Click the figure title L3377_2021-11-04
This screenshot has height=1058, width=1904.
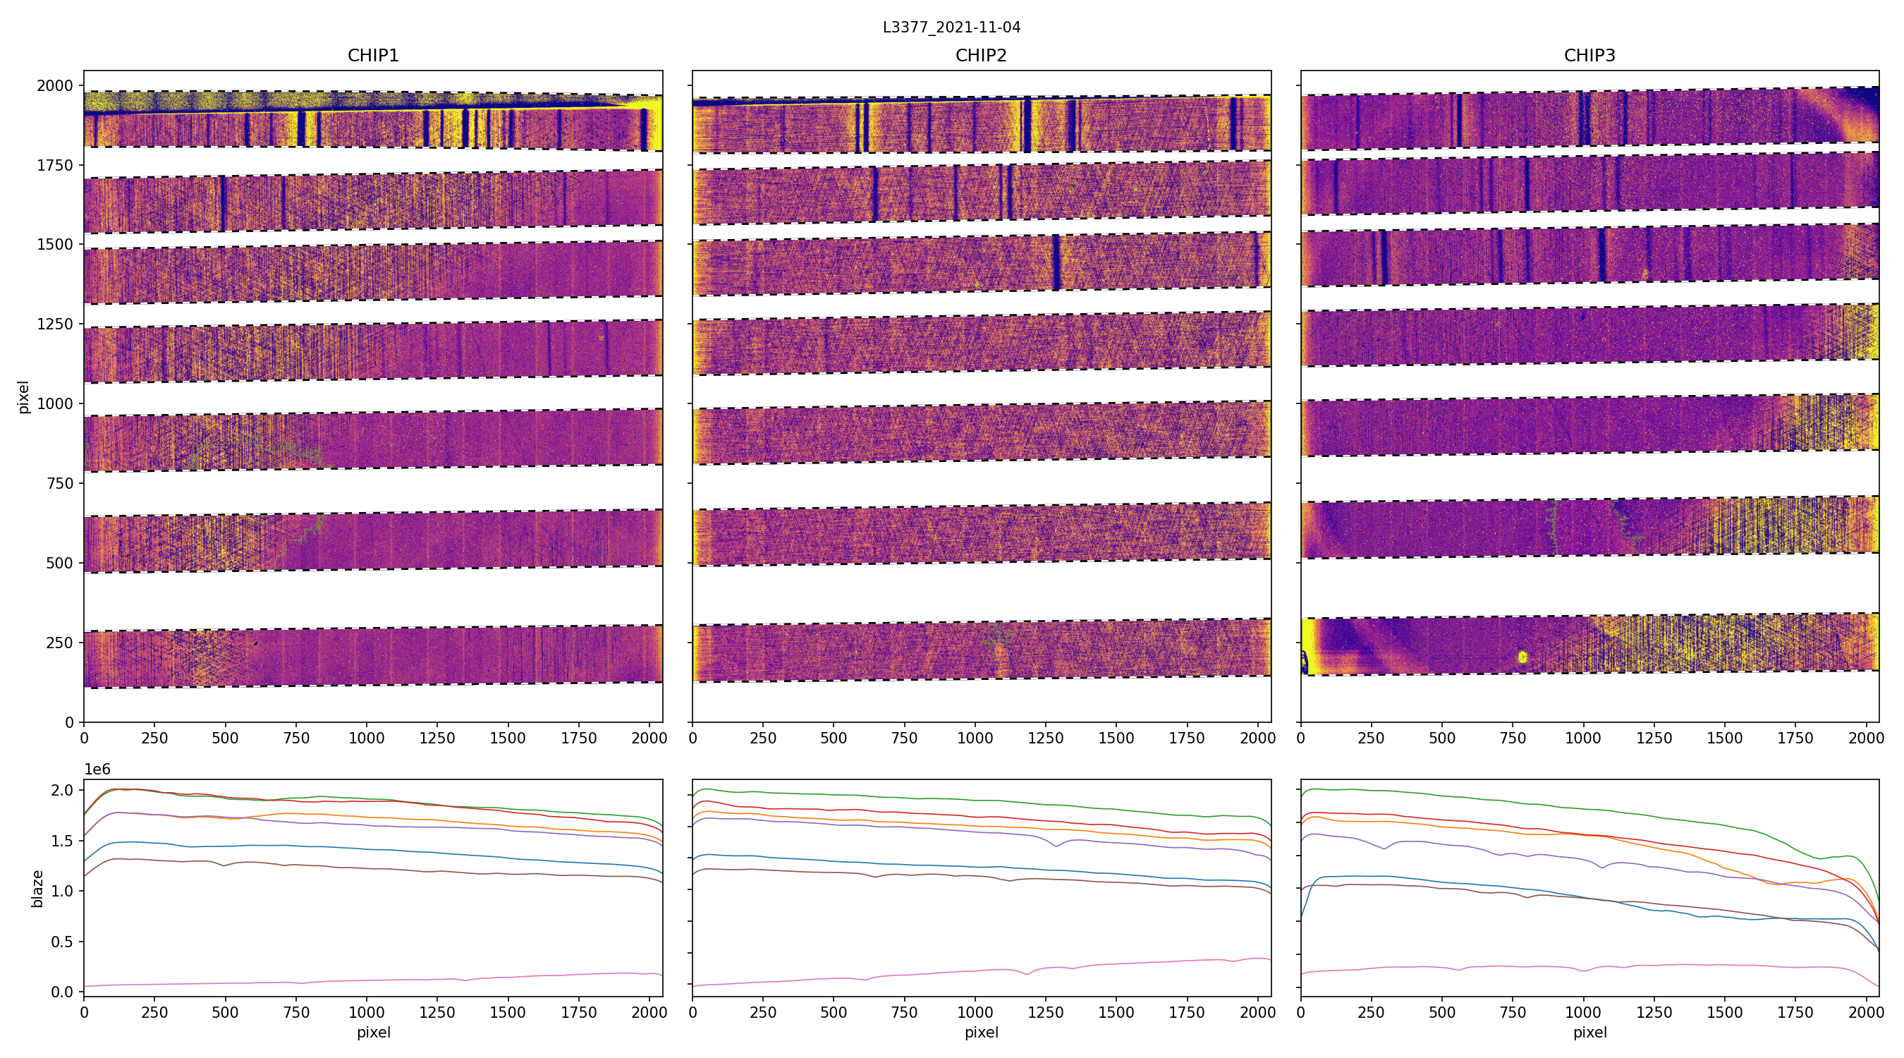click(951, 28)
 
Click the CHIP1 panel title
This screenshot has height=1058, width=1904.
click(373, 56)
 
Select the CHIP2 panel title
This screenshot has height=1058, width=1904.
click(981, 56)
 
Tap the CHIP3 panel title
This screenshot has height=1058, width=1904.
click(1589, 56)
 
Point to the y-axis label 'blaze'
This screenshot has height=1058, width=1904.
click(37, 888)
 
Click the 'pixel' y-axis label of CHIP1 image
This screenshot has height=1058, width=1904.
click(24, 397)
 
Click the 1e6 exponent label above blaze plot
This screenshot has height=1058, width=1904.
click(97, 770)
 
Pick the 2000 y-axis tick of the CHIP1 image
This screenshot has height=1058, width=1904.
click(56, 86)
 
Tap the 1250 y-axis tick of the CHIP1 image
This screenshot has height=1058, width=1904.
click(56, 324)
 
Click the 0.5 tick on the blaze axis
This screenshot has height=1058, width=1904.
click(63, 942)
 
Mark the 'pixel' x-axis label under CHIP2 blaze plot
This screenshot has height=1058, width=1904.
click(981, 1032)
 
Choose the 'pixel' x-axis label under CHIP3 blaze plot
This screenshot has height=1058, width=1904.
click(1589, 1032)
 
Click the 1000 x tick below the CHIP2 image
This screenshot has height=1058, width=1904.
click(975, 738)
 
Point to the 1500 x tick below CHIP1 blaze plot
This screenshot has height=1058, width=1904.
click(508, 1011)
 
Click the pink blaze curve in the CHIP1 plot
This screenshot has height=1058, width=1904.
click(370, 983)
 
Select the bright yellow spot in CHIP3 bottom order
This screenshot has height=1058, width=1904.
click(1522, 657)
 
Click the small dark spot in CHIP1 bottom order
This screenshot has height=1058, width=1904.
click(256, 643)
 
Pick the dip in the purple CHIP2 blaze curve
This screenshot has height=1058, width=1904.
click(1056, 846)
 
